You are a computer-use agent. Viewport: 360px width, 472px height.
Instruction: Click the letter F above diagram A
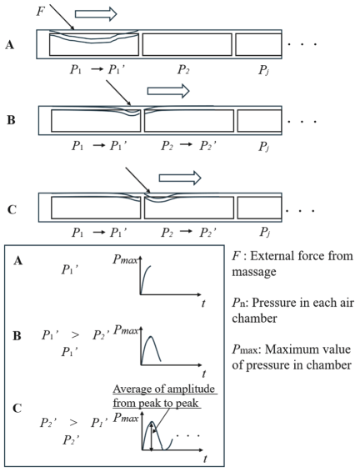[41, 12]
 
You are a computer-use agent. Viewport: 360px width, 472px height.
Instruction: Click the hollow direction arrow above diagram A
[96, 14]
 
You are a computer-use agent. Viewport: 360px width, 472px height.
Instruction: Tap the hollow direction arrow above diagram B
[168, 91]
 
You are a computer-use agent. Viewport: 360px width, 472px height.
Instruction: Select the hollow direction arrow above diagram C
[180, 178]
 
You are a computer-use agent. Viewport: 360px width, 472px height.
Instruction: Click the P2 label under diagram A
[183, 69]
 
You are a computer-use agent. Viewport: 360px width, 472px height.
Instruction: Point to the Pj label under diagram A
[264, 70]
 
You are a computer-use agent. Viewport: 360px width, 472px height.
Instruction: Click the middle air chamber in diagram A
[187, 44]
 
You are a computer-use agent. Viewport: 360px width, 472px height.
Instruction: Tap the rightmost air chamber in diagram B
[259, 121]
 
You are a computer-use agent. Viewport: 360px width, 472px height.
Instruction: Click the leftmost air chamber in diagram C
[96, 208]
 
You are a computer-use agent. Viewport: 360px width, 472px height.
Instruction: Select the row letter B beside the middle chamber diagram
[11, 120]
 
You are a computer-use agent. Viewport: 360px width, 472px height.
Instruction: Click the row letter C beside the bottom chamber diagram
[12, 209]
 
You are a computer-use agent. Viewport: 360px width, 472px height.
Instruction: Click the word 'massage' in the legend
[254, 272]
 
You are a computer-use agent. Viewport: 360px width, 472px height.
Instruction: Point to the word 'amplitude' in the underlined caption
[191, 389]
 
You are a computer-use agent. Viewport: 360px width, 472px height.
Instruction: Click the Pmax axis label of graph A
[125, 259]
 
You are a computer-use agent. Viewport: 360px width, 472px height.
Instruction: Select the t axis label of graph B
[204, 374]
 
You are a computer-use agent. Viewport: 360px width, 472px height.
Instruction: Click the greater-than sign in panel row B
[75, 334]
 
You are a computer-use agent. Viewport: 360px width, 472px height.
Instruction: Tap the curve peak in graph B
[151, 336]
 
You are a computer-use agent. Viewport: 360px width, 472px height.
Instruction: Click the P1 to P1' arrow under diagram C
[98, 232]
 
